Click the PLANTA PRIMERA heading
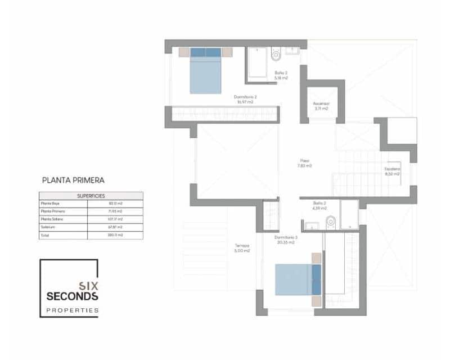[x=73, y=181]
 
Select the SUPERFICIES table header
[x=91, y=196]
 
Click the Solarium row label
[x=47, y=227]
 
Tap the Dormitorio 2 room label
[x=245, y=97]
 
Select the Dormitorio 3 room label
[x=286, y=238]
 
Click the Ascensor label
[x=321, y=104]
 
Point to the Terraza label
[x=242, y=246]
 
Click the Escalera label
[x=392, y=169]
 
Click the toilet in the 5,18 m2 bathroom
[x=276, y=55]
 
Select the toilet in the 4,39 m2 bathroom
[x=330, y=222]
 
